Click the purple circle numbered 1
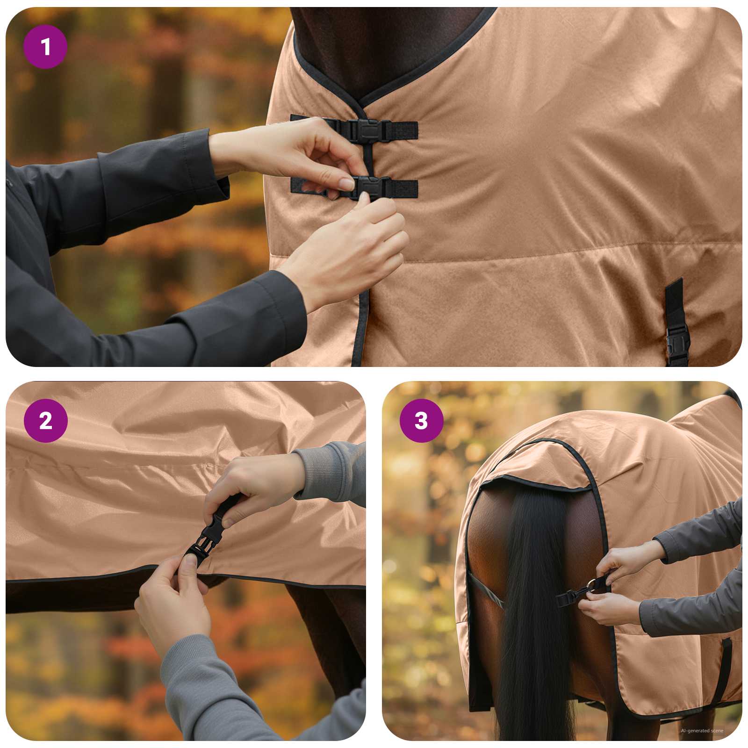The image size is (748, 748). (45, 47)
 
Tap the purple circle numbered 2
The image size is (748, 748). (45, 421)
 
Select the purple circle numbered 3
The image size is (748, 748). (421, 421)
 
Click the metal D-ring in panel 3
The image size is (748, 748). (593, 584)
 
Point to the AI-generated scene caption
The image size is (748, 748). (702, 731)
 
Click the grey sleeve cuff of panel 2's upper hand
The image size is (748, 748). (323, 472)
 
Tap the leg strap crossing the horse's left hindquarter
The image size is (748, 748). (486, 591)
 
